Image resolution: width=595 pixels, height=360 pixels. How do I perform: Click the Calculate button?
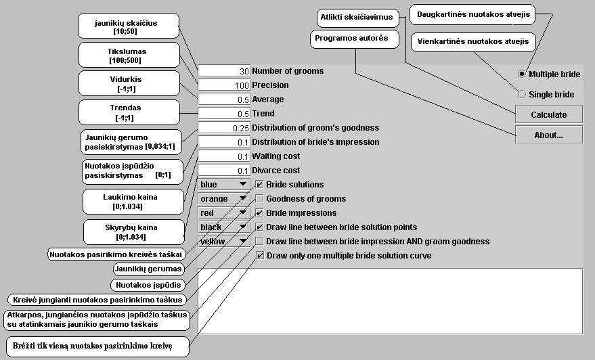point(548,114)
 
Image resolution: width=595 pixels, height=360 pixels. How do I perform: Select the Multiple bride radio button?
point(521,74)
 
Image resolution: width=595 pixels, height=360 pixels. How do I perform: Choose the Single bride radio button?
point(521,94)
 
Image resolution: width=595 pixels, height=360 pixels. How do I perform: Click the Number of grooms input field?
point(224,71)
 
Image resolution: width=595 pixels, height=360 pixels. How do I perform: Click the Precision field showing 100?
point(224,85)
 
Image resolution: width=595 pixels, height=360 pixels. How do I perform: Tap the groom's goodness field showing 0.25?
point(224,128)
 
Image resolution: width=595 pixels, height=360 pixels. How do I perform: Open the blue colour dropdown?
point(224,185)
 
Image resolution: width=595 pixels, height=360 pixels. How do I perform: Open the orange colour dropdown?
point(224,199)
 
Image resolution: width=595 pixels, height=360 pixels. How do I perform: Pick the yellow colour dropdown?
point(224,241)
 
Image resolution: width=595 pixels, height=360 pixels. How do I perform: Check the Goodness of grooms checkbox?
point(260,199)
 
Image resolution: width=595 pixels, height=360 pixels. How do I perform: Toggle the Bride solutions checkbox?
point(260,185)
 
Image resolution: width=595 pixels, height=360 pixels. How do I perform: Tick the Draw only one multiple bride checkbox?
point(260,256)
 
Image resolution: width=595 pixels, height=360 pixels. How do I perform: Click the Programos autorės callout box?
point(351,39)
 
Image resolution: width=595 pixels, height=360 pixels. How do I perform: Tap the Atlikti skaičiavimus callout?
point(357,18)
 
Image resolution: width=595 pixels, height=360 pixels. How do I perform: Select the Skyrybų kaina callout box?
point(135,232)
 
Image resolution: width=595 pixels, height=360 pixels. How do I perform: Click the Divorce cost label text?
point(276,171)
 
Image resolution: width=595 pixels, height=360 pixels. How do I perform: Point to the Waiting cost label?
point(276,156)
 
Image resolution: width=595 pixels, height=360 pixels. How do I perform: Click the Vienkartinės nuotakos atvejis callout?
point(473,42)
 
